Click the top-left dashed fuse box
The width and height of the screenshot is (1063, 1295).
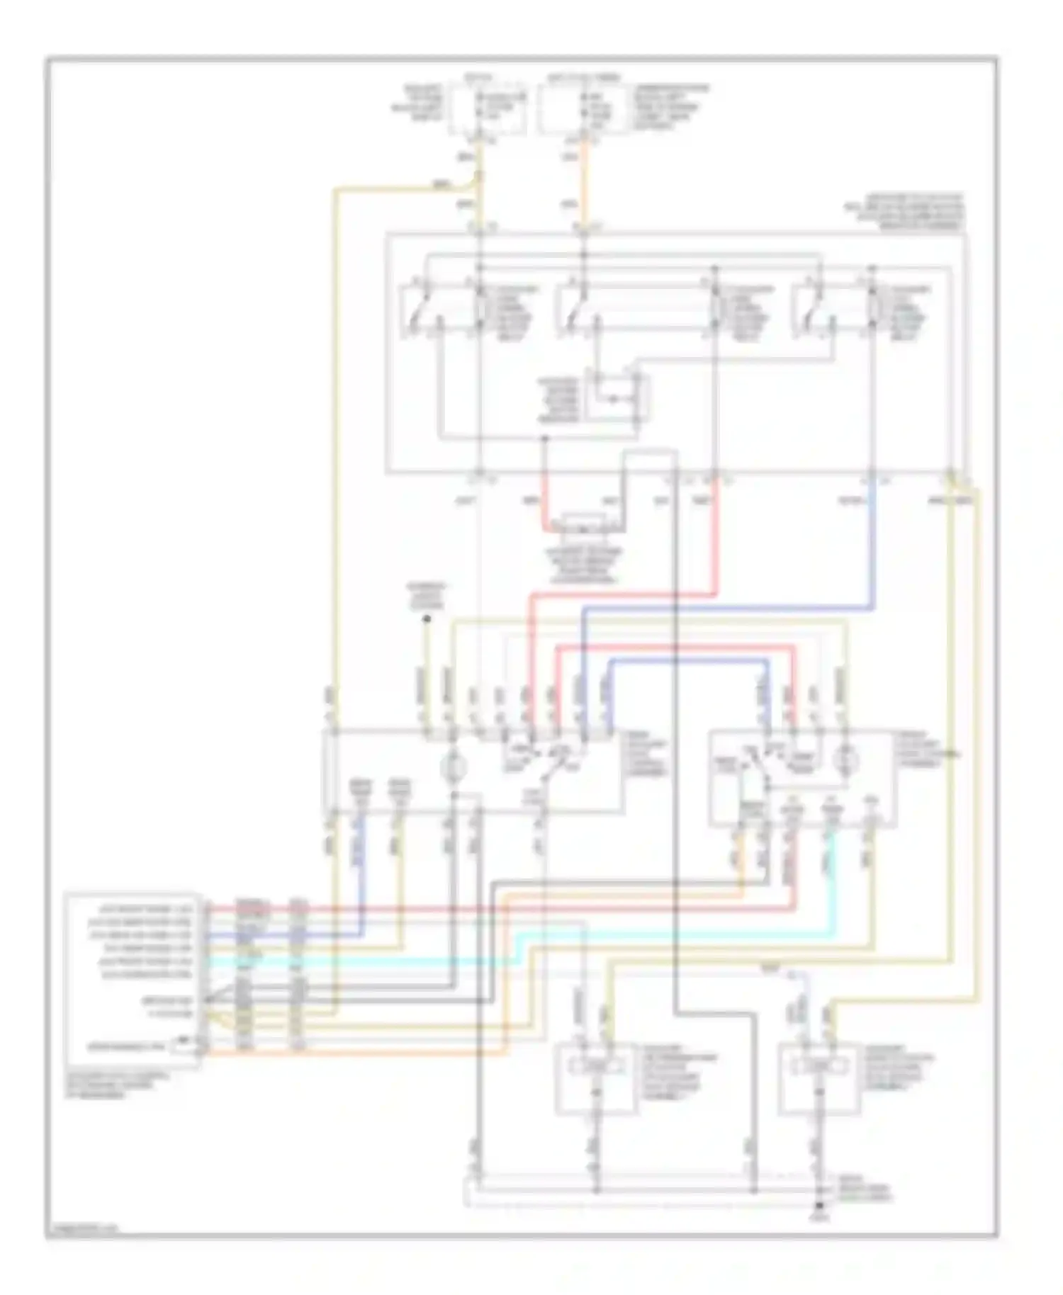[x=488, y=108]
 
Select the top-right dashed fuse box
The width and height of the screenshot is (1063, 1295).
[x=583, y=108]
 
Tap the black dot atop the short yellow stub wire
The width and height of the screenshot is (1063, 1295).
[x=427, y=619]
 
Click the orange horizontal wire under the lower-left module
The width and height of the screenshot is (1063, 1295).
[x=354, y=1053]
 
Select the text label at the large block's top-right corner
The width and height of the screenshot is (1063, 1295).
[x=904, y=212]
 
